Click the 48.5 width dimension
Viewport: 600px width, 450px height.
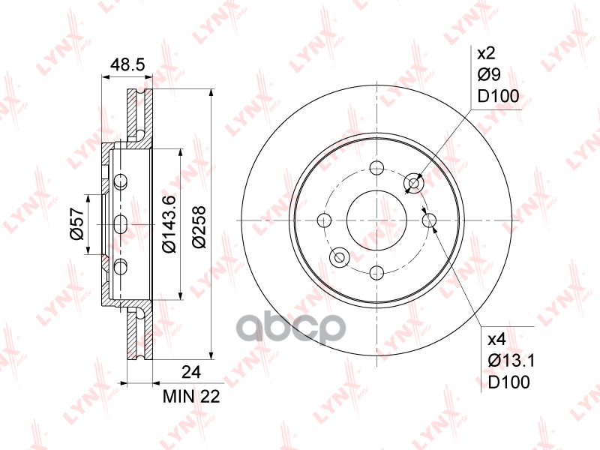(127, 64)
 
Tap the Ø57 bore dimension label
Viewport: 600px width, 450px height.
(77, 223)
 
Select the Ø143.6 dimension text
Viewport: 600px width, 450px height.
(169, 223)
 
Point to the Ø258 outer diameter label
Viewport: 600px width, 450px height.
(199, 227)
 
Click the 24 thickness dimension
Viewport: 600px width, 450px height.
(191, 371)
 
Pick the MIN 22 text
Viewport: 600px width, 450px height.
(191, 397)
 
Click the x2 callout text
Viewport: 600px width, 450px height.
(486, 53)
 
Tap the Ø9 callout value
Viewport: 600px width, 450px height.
(489, 74)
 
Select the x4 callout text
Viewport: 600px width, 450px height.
(497, 339)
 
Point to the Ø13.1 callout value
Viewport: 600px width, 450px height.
(511, 360)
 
